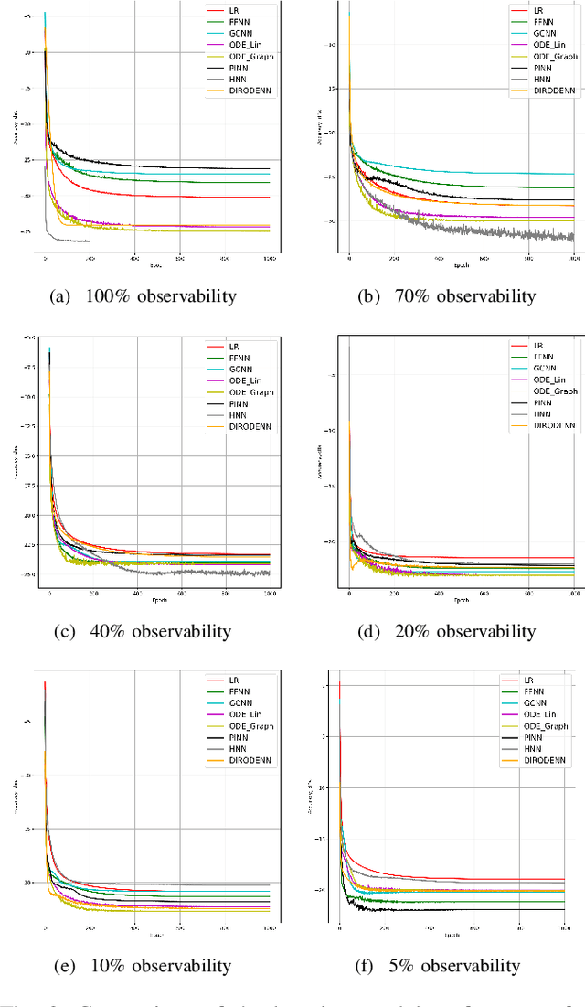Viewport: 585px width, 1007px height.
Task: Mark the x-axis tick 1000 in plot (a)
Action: coord(268,260)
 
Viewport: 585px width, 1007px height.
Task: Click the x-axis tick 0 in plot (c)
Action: coord(49,595)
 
